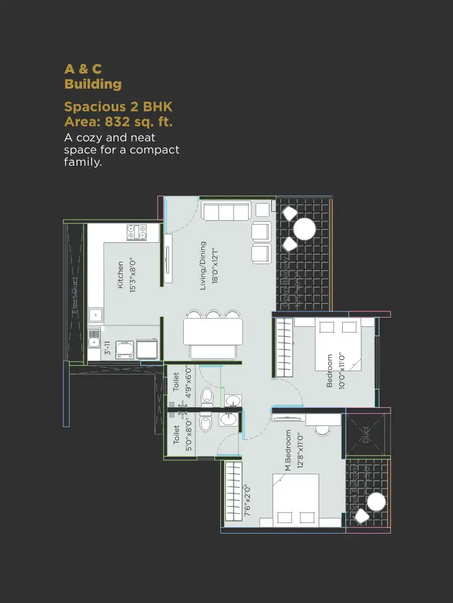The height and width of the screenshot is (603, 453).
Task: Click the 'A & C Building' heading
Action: pos(93,76)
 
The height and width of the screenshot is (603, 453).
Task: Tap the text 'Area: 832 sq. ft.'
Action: pos(119,121)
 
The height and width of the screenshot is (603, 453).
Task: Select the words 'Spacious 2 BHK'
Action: pos(118,107)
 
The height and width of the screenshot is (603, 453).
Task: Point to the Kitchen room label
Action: pos(120,275)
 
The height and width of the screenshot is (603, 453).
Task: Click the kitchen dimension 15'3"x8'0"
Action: pos(132,275)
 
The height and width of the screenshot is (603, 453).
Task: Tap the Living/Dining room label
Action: pos(203,266)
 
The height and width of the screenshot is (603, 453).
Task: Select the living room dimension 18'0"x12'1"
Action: pos(215,266)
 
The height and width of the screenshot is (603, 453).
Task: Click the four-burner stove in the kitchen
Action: pos(136,232)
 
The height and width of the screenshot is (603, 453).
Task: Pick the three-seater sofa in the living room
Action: pos(226,210)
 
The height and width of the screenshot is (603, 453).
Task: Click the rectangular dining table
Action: pos(209,332)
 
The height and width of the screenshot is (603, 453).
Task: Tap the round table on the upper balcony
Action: pos(305,229)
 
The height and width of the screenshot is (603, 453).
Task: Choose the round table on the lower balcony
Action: pos(376,502)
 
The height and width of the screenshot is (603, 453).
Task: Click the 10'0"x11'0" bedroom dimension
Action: pos(342,370)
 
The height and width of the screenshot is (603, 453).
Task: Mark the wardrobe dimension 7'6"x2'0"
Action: pos(248,501)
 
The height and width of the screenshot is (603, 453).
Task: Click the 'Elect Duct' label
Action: pos(75,296)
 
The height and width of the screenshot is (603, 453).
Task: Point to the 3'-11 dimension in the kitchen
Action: pos(107,348)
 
